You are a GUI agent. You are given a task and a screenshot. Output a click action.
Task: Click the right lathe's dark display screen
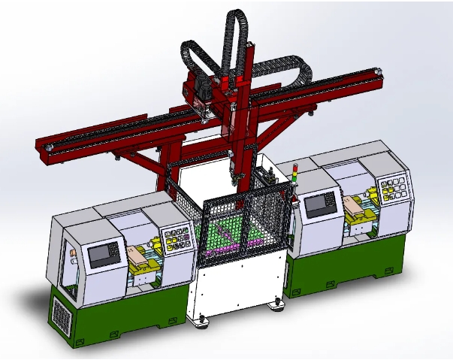pyautogui.click(x=321, y=203)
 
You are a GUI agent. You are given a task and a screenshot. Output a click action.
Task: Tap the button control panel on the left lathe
pyautogui.click(x=177, y=239)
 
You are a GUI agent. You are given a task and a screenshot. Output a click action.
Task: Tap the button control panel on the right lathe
pyautogui.click(x=393, y=189)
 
